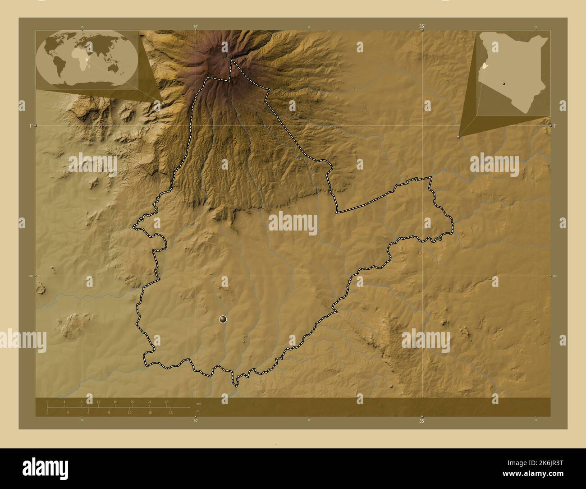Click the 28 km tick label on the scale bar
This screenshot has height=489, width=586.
[166, 401]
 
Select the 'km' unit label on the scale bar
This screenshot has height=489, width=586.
[198, 403]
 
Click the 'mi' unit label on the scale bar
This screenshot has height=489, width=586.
[198, 411]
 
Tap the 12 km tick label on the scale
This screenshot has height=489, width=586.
[98, 401]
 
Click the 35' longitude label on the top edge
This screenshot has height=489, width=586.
[422, 27]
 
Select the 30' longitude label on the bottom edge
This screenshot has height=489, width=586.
[195, 421]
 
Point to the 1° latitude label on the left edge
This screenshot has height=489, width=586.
[30, 125]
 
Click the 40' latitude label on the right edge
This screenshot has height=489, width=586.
[555, 276]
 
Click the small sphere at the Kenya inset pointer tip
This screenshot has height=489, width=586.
[458, 135]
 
